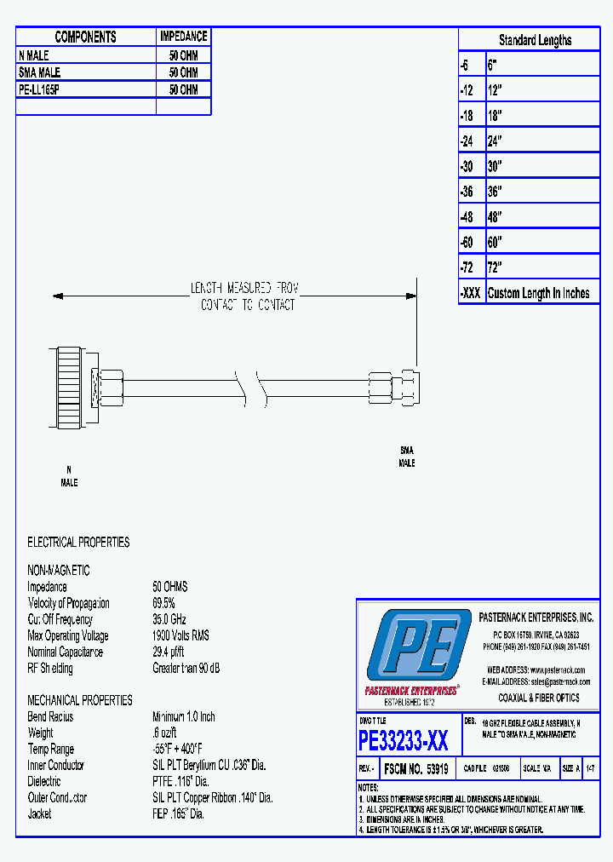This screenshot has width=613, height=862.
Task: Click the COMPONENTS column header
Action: (x=85, y=37)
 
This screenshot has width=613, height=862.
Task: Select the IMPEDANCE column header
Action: (x=183, y=37)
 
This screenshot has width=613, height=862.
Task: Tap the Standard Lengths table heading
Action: (x=535, y=40)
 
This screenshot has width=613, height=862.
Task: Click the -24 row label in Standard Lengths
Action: (x=467, y=141)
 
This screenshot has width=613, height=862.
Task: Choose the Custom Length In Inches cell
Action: (x=538, y=293)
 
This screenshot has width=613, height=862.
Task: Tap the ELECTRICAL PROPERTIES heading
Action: (x=78, y=542)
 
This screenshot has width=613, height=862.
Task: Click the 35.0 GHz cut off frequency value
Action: (x=169, y=619)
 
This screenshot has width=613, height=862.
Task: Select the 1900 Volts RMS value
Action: (x=180, y=635)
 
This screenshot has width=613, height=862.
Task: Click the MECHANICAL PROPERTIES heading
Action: (x=80, y=700)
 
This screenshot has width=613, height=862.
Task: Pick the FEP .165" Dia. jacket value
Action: (x=179, y=813)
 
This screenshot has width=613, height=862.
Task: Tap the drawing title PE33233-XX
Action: (x=404, y=740)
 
